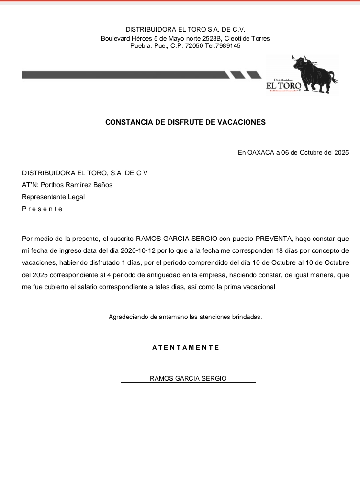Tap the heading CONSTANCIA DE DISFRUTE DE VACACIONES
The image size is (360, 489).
pyautogui.click(x=185, y=122)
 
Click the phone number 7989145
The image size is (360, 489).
pyautogui.click(x=229, y=46)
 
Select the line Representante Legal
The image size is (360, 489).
pyautogui.click(x=53, y=197)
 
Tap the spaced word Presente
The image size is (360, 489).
pyautogui.click(x=43, y=209)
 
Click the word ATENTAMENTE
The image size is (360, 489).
pyautogui.click(x=186, y=348)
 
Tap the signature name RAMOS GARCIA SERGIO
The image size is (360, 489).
pyautogui.click(x=188, y=379)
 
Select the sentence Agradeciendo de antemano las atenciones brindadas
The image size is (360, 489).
pyautogui.click(x=185, y=317)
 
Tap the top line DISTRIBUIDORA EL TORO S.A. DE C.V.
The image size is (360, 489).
pyautogui.click(x=185, y=30)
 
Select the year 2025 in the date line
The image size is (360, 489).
pyautogui.click(x=341, y=153)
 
